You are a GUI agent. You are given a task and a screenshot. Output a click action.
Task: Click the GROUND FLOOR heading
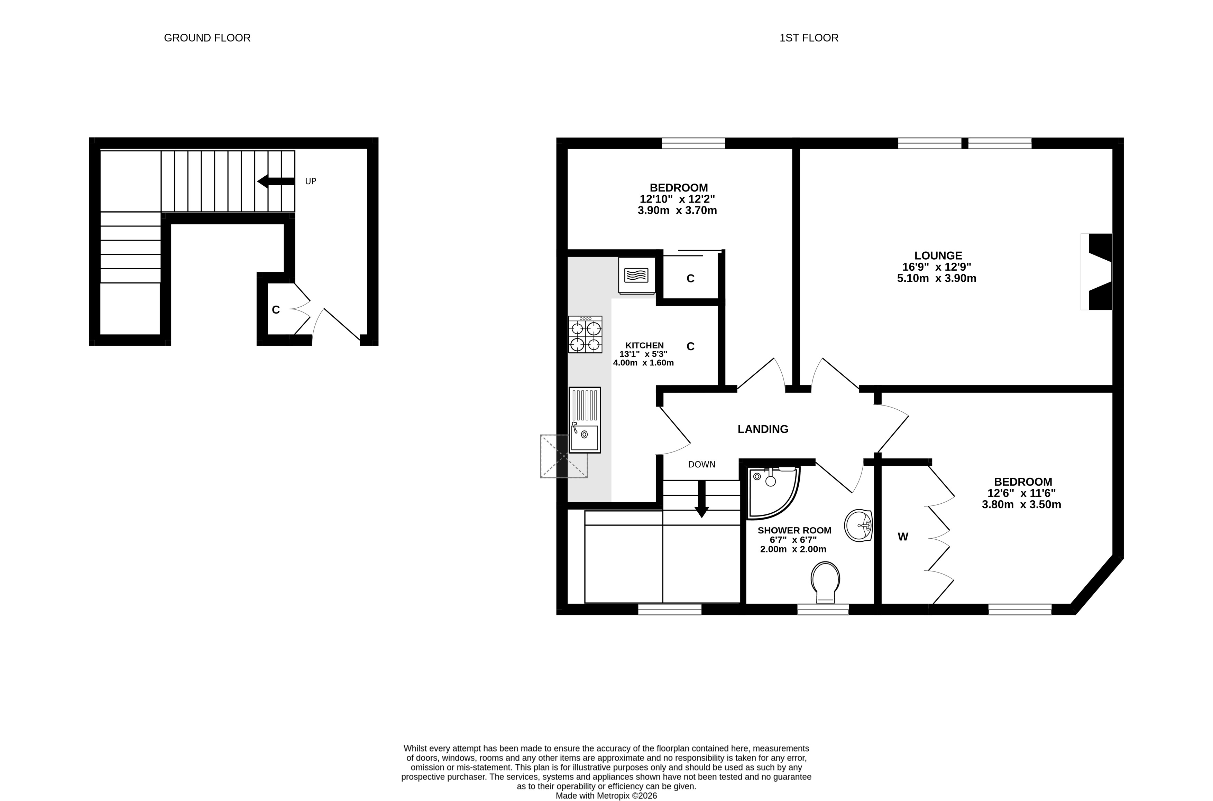(x=207, y=38)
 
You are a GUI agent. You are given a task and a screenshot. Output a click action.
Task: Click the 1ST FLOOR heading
(x=809, y=38)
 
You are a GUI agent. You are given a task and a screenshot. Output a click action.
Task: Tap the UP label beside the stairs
(x=311, y=181)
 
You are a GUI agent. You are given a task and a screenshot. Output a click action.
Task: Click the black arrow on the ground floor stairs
(x=276, y=181)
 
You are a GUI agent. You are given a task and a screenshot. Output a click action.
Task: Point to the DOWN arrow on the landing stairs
(x=701, y=499)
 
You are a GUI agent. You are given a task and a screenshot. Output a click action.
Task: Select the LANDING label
(x=763, y=429)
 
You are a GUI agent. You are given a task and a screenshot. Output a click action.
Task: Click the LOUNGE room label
(x=938, y=255)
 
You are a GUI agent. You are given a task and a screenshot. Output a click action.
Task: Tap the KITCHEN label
(x=644, y=345)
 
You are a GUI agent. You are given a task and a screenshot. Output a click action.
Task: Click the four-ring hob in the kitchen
(x=585, y=335)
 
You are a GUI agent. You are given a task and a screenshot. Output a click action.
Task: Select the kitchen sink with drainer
(x=585, y=420)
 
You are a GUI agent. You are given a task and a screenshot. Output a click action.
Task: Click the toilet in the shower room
(x=825, y=583)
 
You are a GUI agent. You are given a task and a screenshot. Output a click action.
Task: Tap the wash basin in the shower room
(x=858, y=525)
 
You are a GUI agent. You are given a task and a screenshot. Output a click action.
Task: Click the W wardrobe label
(x=903, y=537)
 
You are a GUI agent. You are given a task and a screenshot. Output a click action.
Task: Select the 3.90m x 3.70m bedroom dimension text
(x=677, y=211)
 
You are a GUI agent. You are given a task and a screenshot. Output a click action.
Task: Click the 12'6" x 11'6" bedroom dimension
(x=1021, y=493)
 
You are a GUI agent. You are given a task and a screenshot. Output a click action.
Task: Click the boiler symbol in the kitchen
(x=637, y=275)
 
